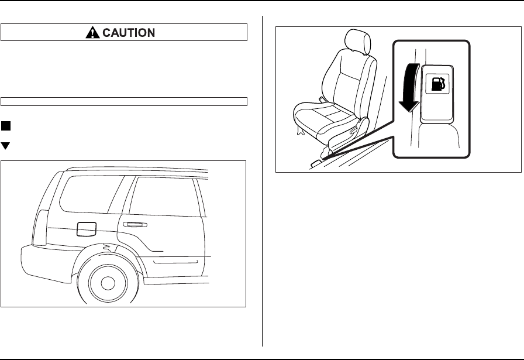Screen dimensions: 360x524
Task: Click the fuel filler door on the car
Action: (x=86, y=228)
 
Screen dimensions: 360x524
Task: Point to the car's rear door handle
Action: (x=134, y=225)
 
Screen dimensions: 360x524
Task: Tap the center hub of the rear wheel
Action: (x=107, y=283)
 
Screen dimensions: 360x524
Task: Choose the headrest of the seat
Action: (x=355, y=41)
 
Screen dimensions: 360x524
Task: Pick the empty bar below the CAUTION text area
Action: (x=124, y=101)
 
